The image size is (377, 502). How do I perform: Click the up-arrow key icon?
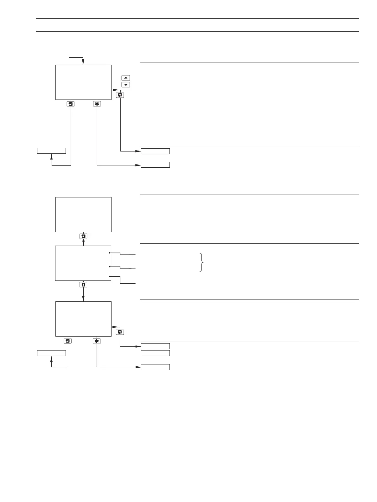click(126, 78)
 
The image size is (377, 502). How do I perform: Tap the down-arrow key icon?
click(126, 85)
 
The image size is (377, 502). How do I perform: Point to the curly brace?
click(202, 262)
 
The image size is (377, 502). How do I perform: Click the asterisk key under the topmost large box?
click(97, 104)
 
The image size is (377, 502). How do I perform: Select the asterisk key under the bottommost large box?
click(97, 341)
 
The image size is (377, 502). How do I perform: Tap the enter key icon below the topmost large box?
click(71, 104)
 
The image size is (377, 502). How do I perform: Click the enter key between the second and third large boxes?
click(83, 236)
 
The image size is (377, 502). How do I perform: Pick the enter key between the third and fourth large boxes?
click(83, 285)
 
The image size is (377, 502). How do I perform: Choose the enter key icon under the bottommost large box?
click(68, 341)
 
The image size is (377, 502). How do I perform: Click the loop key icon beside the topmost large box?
click(120, 95)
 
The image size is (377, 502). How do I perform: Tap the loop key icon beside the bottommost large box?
click(120, 332)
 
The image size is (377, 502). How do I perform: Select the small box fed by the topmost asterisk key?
click(155, 165)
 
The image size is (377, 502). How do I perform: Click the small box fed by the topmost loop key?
click(155, 151)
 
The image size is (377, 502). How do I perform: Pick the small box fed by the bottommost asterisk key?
click(155, 367)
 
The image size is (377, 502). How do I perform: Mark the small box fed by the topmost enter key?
click(51, 151)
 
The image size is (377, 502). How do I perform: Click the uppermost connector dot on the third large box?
click(110, 253)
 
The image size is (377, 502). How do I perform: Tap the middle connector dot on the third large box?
click(110, 267)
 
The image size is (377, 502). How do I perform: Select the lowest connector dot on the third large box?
click(110, 277)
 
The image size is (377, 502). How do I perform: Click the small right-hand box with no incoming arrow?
click(155, 353)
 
